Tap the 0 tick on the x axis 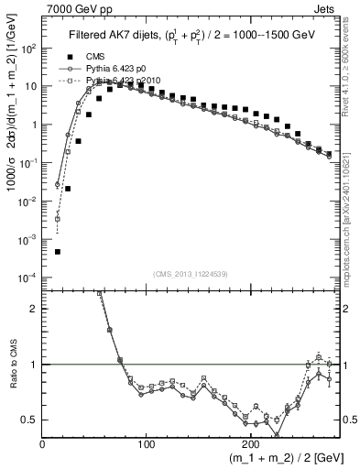pyautogui.click(x=42, y=443)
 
